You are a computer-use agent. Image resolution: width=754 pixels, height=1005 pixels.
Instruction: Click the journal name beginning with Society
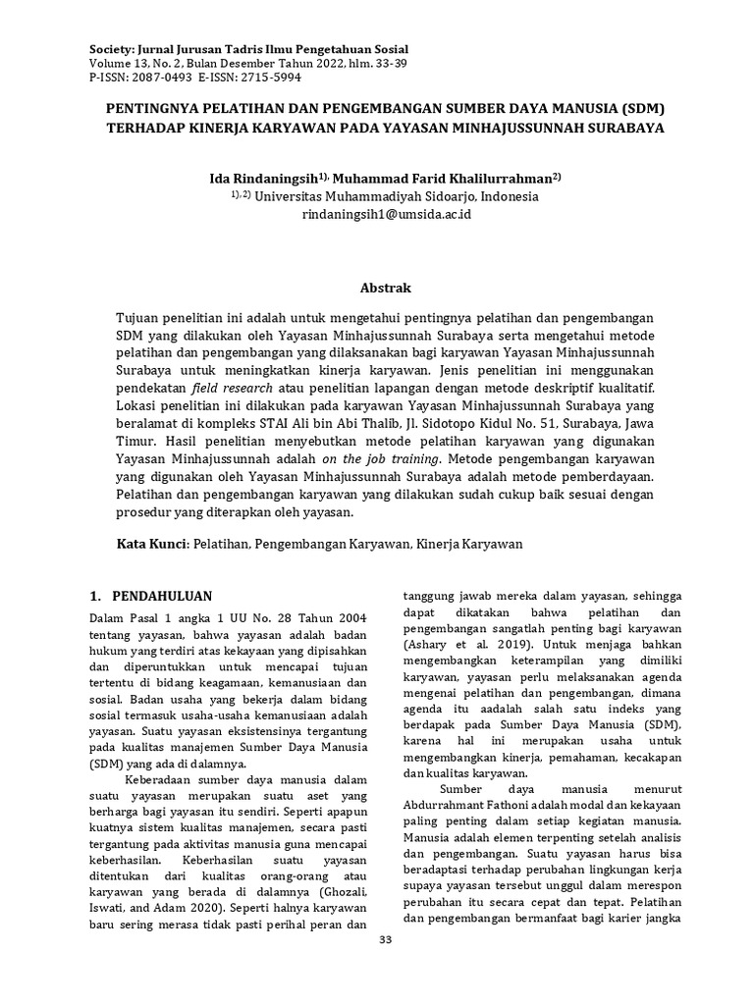(249, 48)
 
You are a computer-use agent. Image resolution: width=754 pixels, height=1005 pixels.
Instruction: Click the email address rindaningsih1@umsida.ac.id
(387, 214)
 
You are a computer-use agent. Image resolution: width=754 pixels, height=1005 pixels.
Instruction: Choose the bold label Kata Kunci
(151, 543)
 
